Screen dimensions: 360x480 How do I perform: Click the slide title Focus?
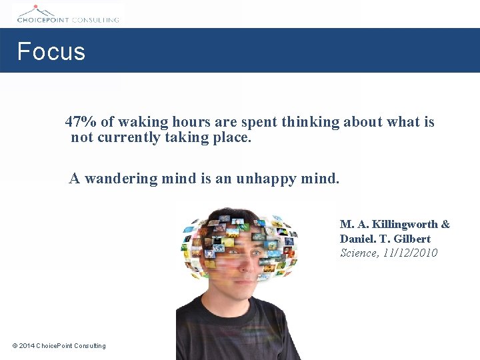point(51,51)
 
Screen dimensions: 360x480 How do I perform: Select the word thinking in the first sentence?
point(311,122)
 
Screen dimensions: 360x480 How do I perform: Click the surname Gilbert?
point(412,239)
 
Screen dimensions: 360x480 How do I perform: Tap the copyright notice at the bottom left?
point(59,345)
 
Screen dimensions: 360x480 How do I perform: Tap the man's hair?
point(237,217)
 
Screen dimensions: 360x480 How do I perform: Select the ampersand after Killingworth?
point(445,224)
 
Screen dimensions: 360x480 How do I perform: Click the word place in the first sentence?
point(234,138)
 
